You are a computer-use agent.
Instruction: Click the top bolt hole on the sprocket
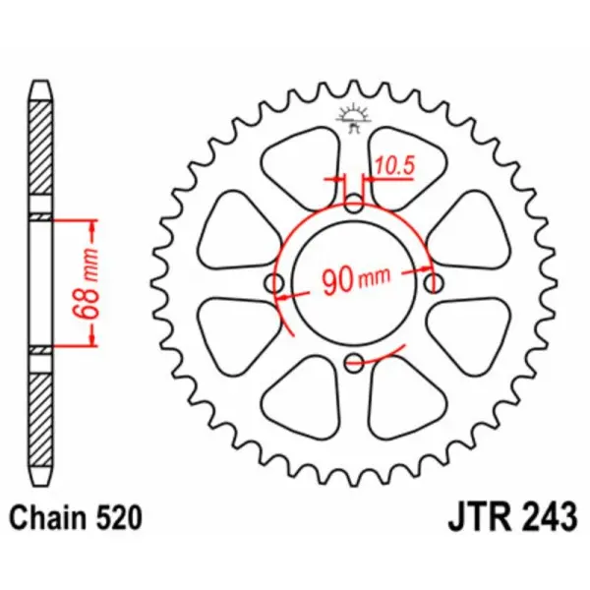pyautogui.click(x=355, y=205)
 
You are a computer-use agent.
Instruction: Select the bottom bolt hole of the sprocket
pyautogui.click(x=355, y=364)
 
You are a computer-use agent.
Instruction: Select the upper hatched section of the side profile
pyautogui.click(x=38, y=152)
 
